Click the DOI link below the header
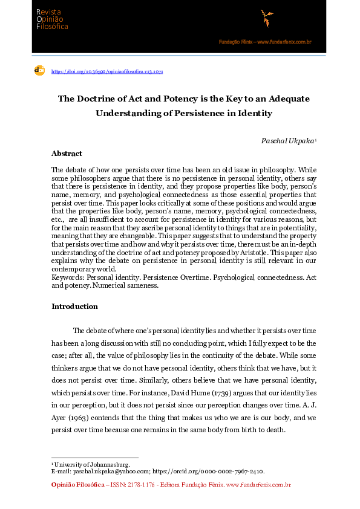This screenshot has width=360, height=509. point(107,71)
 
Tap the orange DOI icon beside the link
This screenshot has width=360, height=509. point(40,71)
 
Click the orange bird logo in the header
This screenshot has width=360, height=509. point(266,18)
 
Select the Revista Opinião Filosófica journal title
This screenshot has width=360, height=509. point(52,19)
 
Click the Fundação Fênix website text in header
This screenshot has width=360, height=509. point(265,42)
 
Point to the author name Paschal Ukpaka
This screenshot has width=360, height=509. point(287,140)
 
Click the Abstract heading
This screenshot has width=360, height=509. point(67,154)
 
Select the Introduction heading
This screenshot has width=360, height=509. point(74,306)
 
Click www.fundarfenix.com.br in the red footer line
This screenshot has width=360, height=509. point(258,485)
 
